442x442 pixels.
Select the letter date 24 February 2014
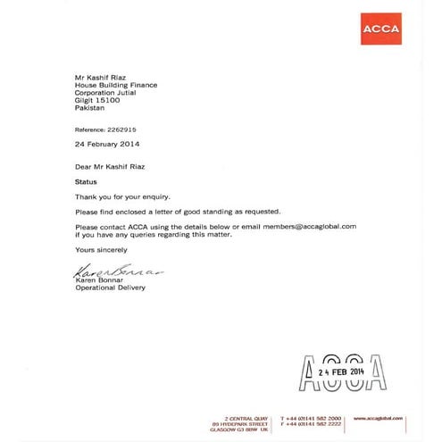107,143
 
